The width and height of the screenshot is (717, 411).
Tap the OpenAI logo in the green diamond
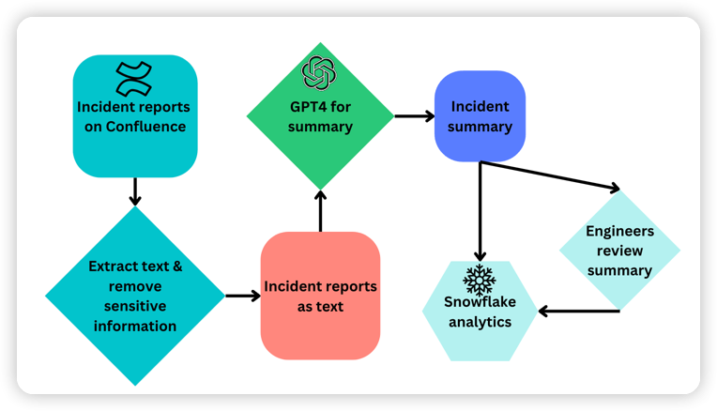coord(318,72)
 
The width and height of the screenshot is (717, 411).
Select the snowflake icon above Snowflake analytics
coord(479,280)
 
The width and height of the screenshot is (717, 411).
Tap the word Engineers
coord(619,231)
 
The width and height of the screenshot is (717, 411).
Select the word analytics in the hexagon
coord(480,322)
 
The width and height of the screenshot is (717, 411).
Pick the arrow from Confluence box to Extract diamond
coord(135,190)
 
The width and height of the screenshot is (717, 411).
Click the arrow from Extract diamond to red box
coord(243,296)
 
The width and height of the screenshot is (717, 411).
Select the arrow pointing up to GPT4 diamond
coord(320,210)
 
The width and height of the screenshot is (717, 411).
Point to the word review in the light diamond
coord(619,251)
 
